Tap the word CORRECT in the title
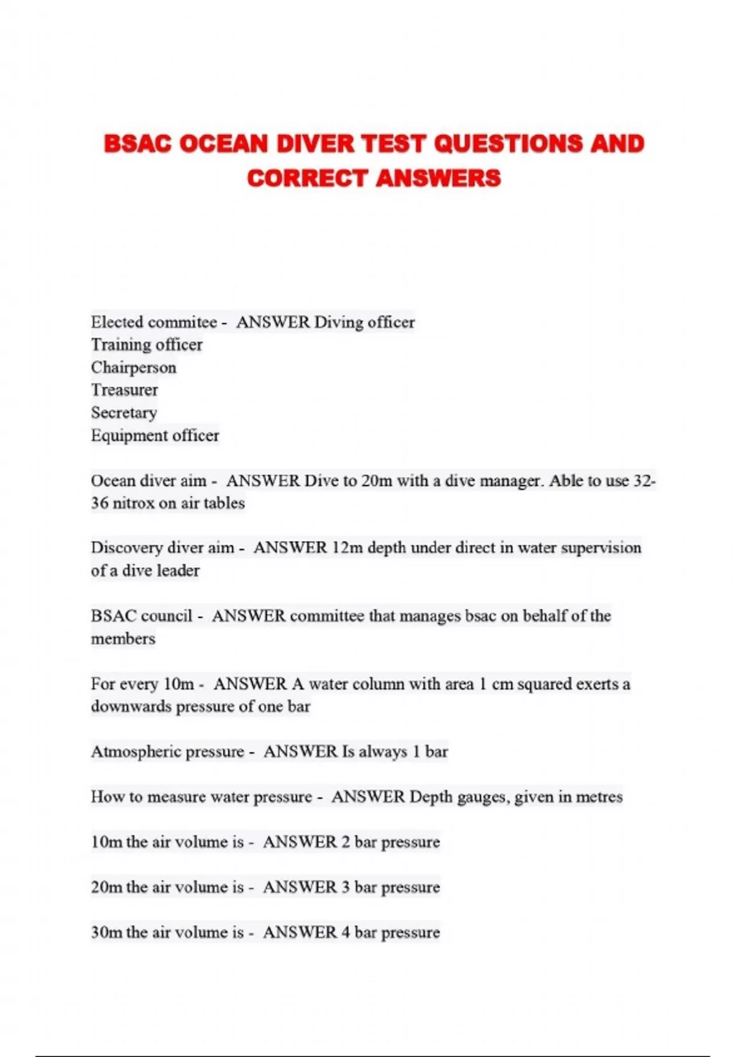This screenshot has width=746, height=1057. point(308,178)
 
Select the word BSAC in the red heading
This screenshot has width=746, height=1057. point(137,144)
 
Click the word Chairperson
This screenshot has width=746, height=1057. point(134,367)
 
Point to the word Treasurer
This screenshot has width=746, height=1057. point(124,390)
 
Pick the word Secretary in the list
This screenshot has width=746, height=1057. point(124,413)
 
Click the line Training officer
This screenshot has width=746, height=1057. point(147,344)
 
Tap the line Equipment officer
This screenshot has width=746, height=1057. point(155,435)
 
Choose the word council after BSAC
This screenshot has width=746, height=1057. point(167,616)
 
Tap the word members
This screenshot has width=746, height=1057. point(123,639)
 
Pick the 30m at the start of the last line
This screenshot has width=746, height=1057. point(106,932)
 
